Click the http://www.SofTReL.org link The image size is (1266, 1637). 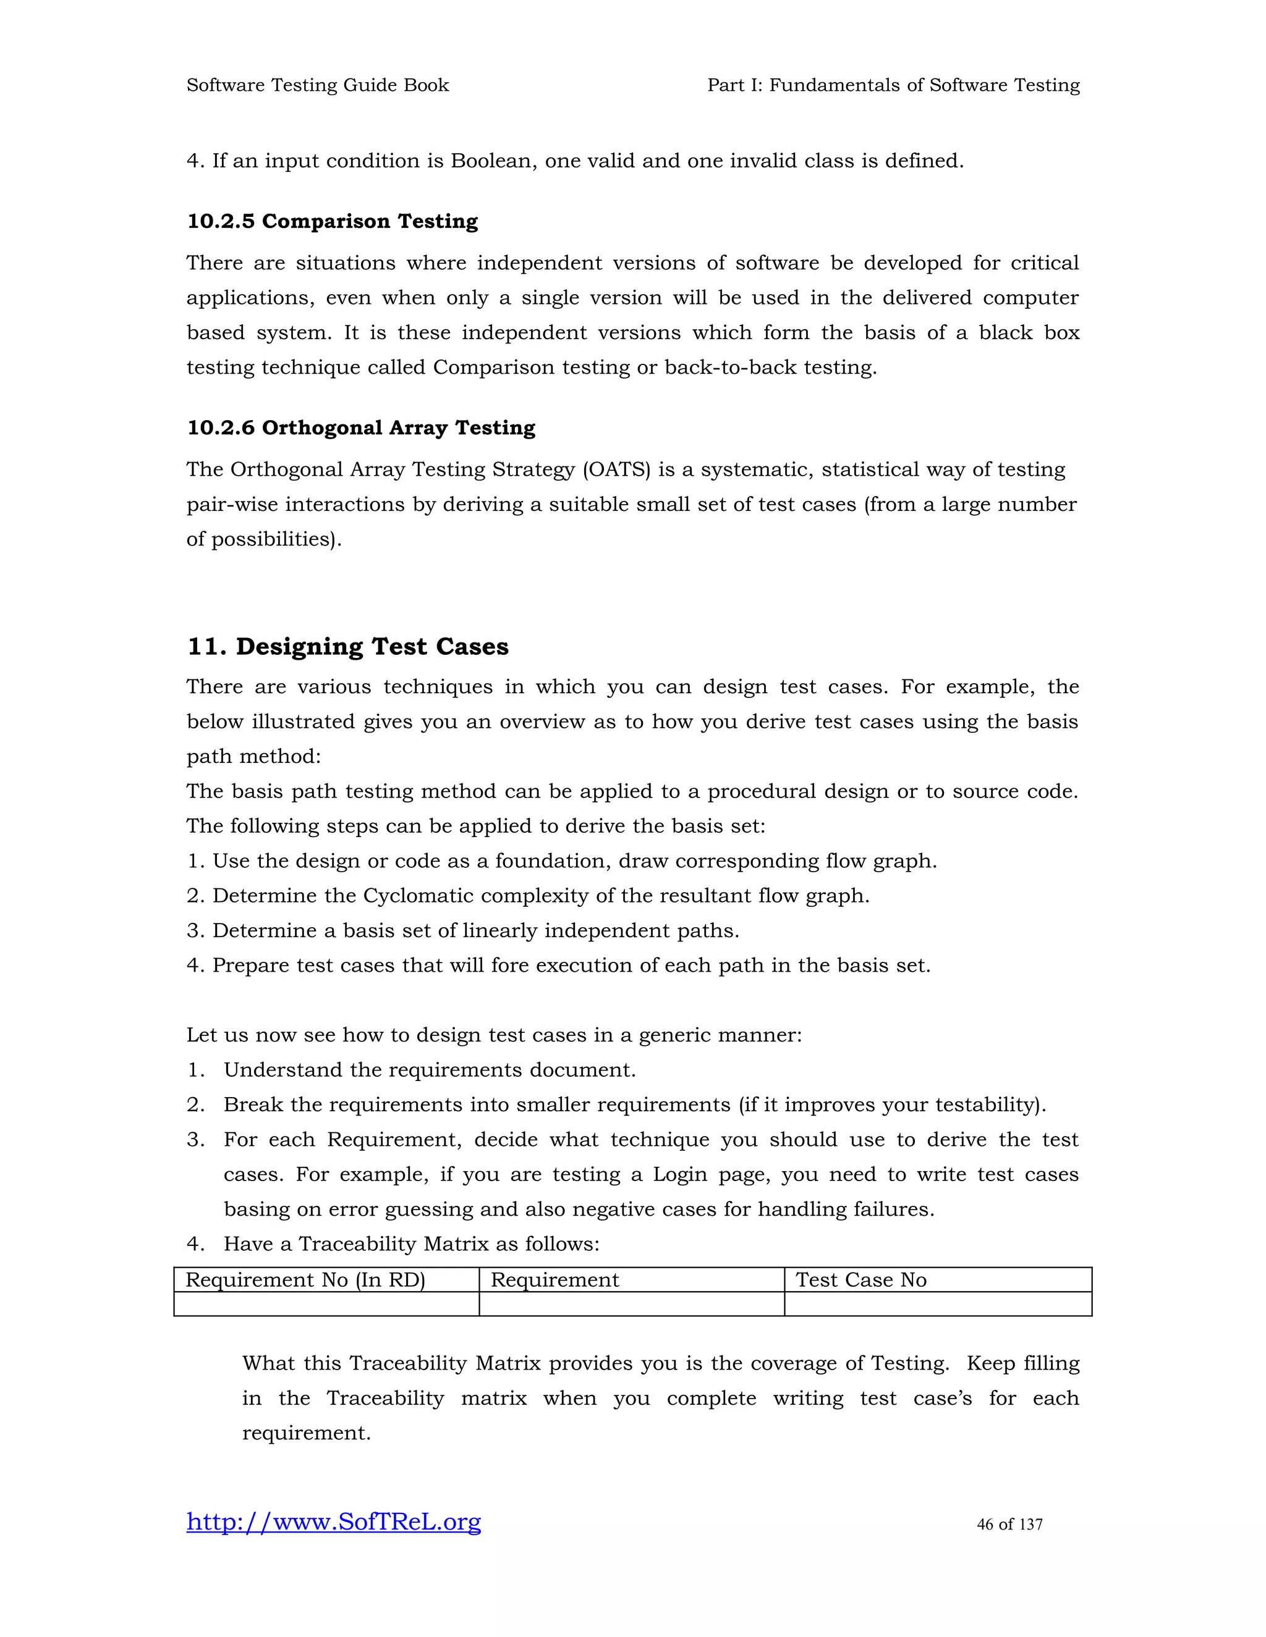[x=334, y=1521]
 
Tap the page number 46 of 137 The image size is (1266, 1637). [x=1009, y=1524]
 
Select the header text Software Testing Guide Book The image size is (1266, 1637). [x=317, y=85]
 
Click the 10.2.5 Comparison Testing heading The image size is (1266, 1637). [x=332, y=221]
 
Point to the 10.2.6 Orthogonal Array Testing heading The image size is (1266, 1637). [x=361, y=427]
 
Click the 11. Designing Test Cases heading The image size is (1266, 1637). [x=347, y=646]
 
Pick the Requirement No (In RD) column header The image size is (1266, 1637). [x=305, y=1279]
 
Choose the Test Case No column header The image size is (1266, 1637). [x=861, y=1279]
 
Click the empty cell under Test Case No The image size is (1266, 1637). [x=938, y=1303]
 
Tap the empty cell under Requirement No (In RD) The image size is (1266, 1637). [x=326, y=1303]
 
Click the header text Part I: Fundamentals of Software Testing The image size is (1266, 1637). [x=893, y=85]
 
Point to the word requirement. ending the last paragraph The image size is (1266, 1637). [x=306, y=1433]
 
